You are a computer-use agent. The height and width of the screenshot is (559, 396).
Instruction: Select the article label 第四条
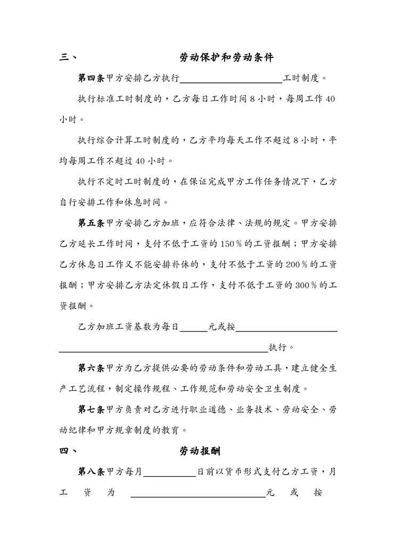coord(92,78)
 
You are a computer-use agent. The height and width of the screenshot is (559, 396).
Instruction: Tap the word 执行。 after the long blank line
coord(282,348)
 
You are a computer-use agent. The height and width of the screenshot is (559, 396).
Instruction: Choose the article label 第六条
coord(92,368)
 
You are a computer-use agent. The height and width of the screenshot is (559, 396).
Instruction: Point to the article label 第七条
coord(92,410)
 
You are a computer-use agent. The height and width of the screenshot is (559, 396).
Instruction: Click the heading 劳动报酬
coord(200,451)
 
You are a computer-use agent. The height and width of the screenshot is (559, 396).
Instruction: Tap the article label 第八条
coord(92,471)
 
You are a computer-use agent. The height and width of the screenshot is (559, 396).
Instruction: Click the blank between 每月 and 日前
coord(170,473)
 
